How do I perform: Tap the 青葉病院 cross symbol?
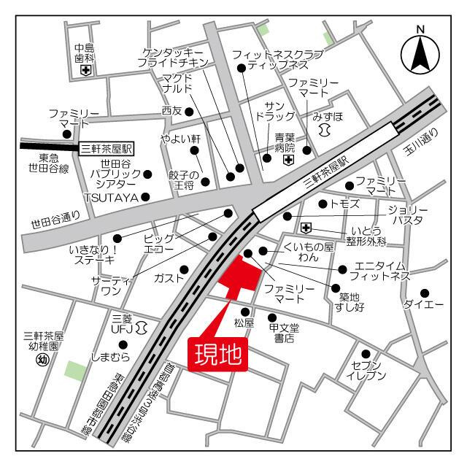point(289,160)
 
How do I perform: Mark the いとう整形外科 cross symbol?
point(306,228)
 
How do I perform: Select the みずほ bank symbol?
point(325,128)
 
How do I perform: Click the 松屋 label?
point(244,322)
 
